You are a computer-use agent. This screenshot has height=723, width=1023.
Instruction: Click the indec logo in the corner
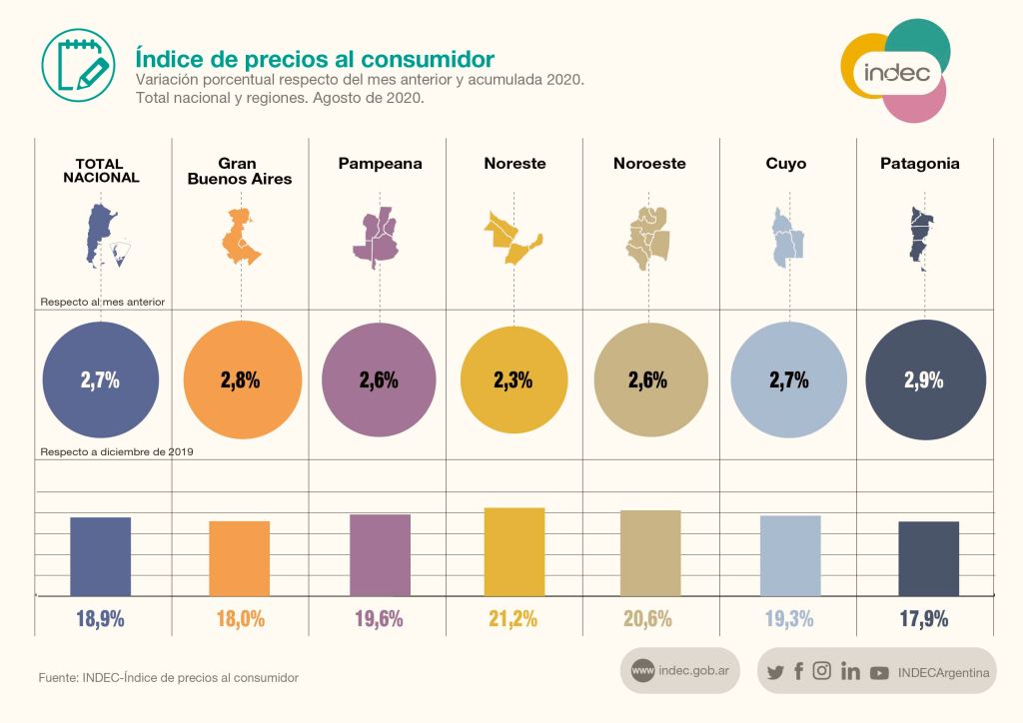(895, 71)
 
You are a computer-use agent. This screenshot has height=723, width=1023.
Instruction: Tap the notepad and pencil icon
(78, 65)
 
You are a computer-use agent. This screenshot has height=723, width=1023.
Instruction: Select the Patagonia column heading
(920, 164)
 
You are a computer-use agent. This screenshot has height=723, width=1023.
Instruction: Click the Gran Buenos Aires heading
(240, 171)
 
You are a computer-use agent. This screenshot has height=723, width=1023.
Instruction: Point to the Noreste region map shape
(512, 238)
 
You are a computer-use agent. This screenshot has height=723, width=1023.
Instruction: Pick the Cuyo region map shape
(787, 238)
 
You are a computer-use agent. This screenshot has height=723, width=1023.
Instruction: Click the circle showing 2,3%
(513, 379)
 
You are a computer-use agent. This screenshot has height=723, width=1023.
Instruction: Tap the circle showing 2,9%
(925, 379)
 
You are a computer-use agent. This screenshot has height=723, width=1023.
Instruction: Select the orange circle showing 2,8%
(242, 379)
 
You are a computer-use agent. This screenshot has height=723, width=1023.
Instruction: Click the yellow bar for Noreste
(514, 551)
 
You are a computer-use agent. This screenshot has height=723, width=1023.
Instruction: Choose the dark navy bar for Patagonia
(928, 558)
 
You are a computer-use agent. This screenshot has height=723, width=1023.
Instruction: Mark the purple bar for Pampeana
(380, 555)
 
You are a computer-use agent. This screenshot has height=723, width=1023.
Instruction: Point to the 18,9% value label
(100, 619)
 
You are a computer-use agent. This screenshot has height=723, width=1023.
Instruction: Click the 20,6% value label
(647, 619)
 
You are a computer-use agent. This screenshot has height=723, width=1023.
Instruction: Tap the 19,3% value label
(789, 619)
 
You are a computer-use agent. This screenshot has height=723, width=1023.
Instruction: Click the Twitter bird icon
(775, 672)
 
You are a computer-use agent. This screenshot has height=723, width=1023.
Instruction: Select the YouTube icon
(879, 673)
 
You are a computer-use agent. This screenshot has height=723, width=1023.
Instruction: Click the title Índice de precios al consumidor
(315, 59)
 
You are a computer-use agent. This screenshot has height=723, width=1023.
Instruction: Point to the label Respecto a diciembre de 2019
(117, 451)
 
